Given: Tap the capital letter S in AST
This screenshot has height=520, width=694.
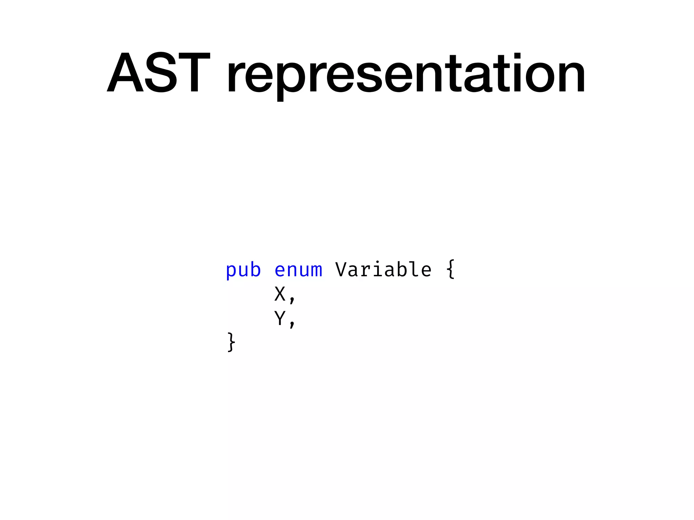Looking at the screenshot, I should (161, 72).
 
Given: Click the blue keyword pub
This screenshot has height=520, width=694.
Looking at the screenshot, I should (243, 270).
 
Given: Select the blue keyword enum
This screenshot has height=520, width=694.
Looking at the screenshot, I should (298, 270).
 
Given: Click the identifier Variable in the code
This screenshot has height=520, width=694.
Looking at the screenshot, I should (383, 270).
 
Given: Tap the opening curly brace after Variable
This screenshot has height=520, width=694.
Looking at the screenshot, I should (450, 269).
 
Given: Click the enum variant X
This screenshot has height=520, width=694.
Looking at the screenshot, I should (280, 294).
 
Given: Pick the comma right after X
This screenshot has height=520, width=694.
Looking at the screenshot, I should (292, 299).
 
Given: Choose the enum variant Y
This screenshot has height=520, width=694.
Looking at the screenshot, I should (280, 318).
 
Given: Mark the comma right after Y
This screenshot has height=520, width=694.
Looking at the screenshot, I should (292, 323).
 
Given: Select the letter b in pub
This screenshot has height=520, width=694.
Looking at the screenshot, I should (255, 270).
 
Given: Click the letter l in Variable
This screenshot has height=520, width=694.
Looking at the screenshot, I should (414, 270).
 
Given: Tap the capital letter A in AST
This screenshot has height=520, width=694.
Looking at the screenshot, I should (125, 72).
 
